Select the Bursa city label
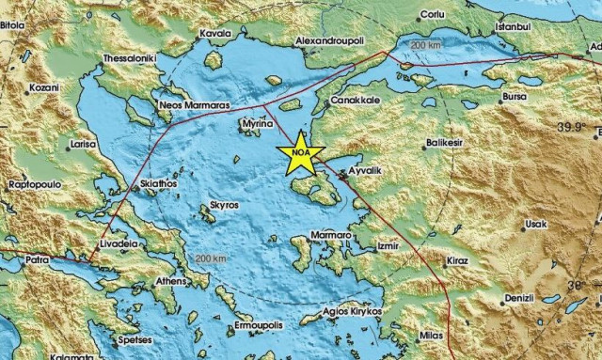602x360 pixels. coord(516,97)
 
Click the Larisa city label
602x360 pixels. coord(82,146)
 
